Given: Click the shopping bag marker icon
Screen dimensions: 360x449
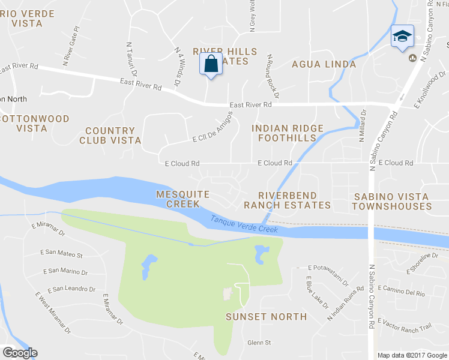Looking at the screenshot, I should [211, 64].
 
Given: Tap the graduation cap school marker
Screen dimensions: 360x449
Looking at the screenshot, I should [402, 37].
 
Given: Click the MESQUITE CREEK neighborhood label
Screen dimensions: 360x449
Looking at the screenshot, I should [182, 199].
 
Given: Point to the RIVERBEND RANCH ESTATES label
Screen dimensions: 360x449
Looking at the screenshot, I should [287, 200].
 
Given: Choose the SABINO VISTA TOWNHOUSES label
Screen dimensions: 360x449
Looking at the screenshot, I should [391, 202].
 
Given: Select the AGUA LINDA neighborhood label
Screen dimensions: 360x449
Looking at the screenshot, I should [324, 64].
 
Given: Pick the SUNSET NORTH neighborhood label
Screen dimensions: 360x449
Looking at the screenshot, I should [266, 316].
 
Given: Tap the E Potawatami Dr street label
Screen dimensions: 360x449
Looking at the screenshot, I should [328, 274].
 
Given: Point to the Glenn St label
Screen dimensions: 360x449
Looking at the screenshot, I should [259, 343].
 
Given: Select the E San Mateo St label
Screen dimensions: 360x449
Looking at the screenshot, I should [62, 254].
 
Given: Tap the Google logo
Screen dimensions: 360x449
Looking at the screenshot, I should [20, 353].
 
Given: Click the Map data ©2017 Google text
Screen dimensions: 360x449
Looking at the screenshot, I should [412, 355].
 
